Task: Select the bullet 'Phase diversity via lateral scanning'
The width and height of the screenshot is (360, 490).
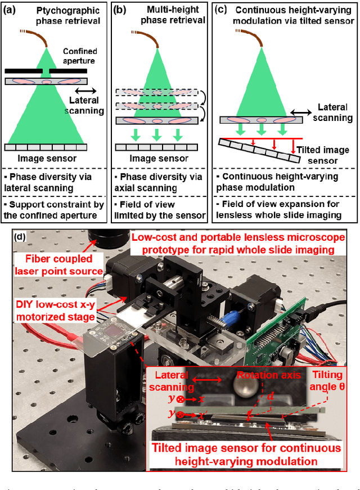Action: tap(59, 179)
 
